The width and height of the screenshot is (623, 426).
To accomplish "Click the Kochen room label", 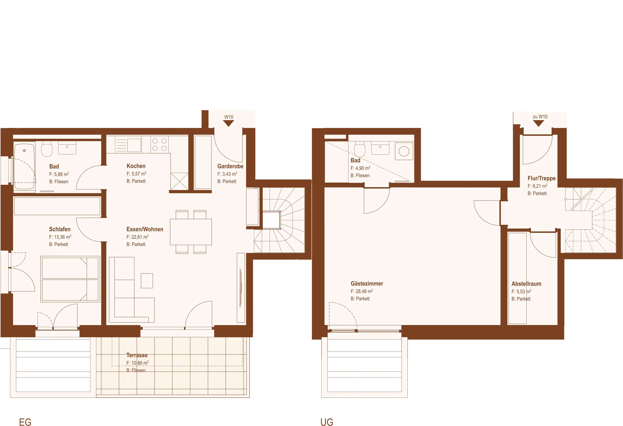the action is (x=136, y=166).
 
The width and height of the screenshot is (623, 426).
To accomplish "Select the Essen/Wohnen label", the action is (x=145, y=229).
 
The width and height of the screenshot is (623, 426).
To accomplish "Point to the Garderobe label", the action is (x=230, y=166).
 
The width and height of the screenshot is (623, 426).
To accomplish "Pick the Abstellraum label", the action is (x=526, y=284).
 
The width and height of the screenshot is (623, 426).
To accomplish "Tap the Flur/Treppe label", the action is (x=542, y=178).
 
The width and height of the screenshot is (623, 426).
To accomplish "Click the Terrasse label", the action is (x=137, y=355).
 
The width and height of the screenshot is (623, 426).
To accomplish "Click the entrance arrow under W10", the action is (x=229, y=123).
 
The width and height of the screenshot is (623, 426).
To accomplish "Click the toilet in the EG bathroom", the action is (x=47, y=149).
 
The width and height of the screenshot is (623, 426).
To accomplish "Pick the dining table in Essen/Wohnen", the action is (x=191, y=232).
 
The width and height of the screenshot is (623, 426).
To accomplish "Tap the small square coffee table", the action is (x=147, y=281).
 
